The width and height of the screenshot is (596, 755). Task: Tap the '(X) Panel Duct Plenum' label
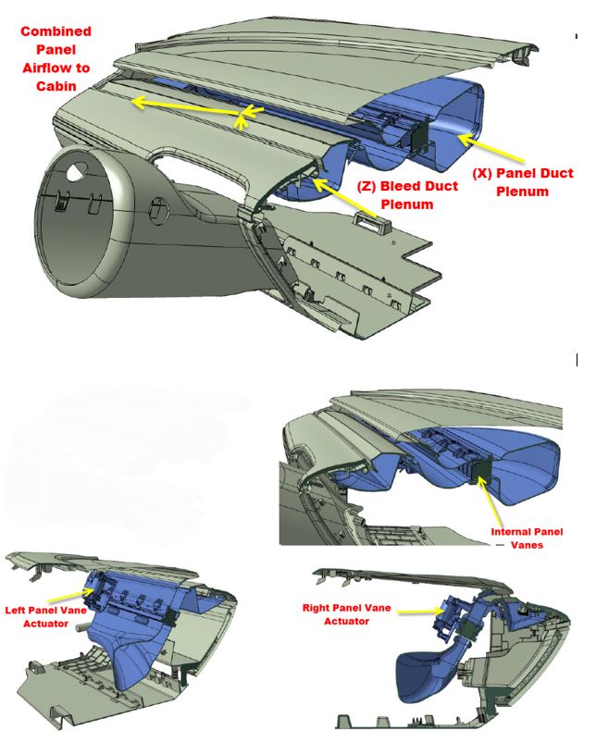522,182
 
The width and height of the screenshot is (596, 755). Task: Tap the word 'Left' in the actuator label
19,611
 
